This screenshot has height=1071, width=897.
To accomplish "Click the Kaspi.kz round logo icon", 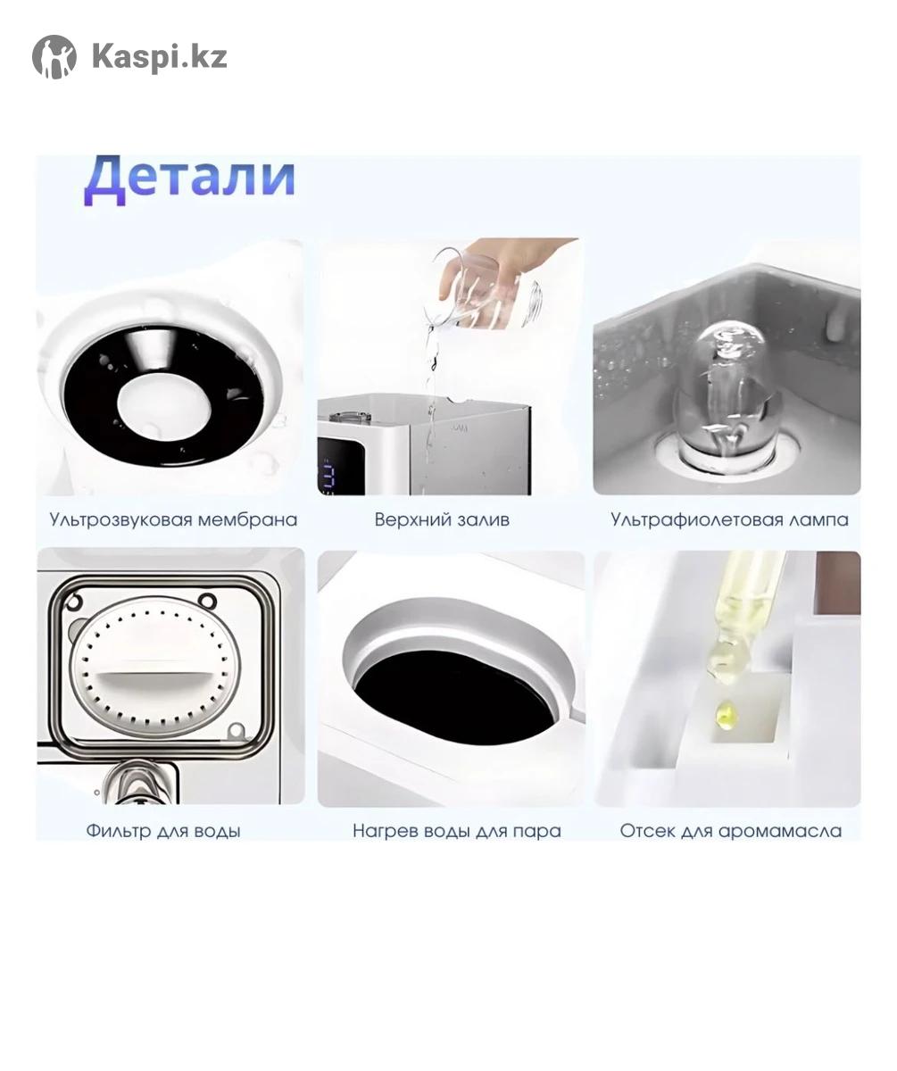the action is coord(54,56).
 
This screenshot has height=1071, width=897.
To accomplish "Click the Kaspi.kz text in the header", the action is coord(160,56).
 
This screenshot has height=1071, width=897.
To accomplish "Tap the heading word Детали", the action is coord(190,179).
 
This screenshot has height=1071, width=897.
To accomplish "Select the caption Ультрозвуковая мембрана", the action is coord(173,519).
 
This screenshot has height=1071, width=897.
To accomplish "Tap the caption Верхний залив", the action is coord(442,519).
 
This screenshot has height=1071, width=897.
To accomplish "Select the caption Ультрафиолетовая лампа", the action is coord(730,519).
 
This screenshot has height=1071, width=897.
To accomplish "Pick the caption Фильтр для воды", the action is coord(163,831).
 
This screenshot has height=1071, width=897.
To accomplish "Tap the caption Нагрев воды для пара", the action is coord(457,831).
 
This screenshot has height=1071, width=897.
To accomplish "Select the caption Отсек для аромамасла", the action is coord(731,831).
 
